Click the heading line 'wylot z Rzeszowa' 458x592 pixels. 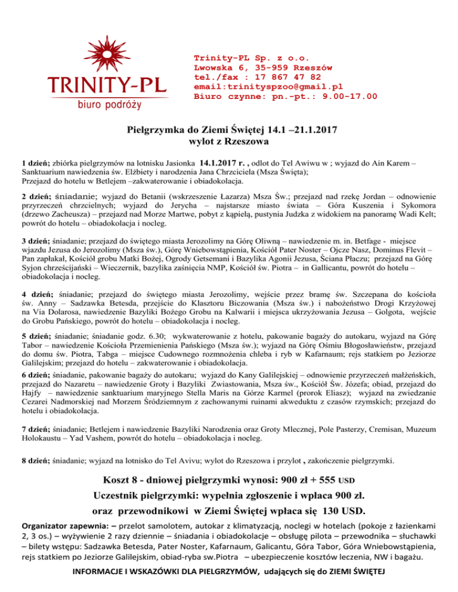230,142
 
